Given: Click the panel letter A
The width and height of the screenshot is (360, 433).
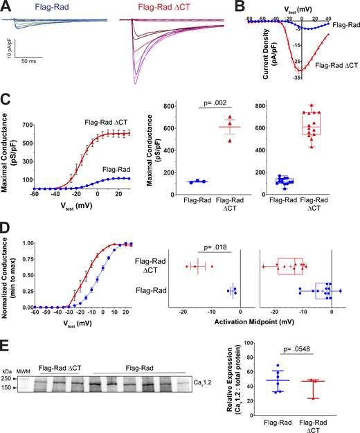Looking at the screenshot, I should click(x=6, y=6).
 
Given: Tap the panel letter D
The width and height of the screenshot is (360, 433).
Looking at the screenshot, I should click(x=6, y=227).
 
